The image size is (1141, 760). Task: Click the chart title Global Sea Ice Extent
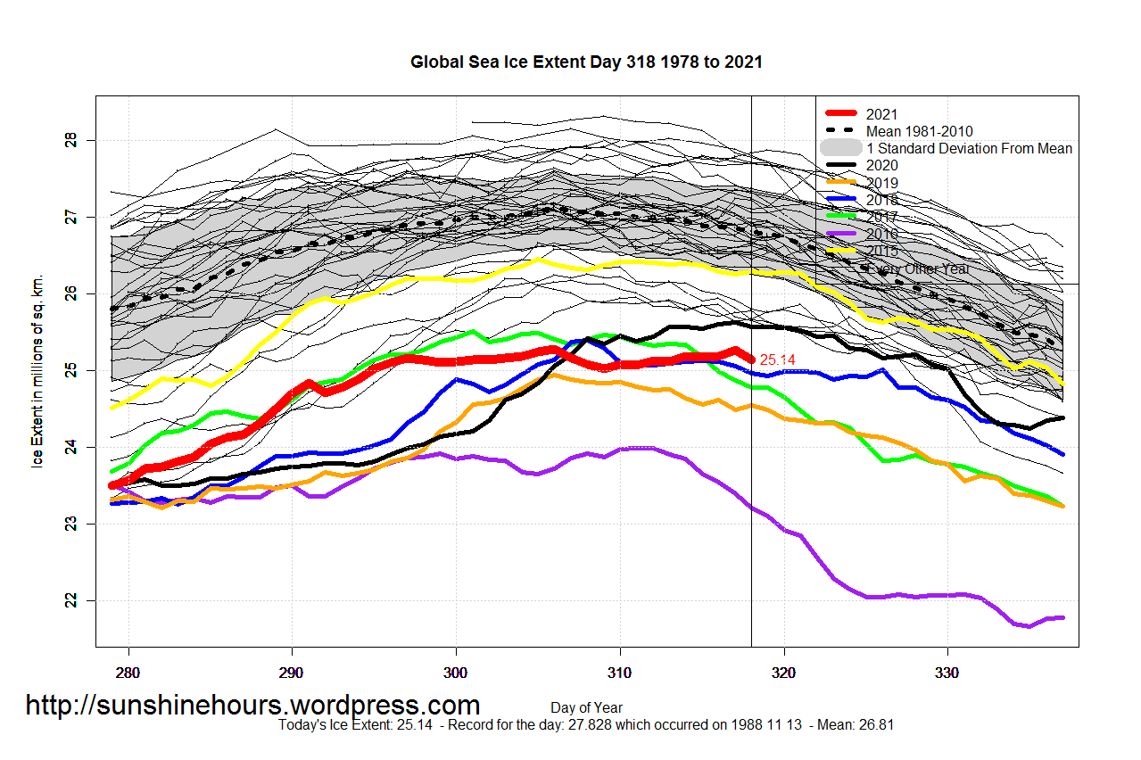coord(586,62)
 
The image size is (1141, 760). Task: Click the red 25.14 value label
coord(777,359)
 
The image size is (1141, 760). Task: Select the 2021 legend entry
coord(881,114)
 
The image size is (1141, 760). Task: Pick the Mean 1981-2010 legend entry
coord(926,131)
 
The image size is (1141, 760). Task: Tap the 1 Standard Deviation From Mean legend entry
coord(969,148)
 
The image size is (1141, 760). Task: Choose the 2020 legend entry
coord(881,165)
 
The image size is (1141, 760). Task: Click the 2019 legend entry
coord(881,183)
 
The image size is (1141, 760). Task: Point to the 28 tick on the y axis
coord(71,140)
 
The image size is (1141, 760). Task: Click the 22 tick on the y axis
coord(71,600)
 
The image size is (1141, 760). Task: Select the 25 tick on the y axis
coord(71,370)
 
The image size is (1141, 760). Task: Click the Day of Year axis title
coord(586,708)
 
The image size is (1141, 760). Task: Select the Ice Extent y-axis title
coord(37,370)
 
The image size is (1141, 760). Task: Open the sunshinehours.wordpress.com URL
coord(252,706)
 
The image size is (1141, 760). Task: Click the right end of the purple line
coord(1062,617)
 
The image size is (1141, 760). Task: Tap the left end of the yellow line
coord(112,408)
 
